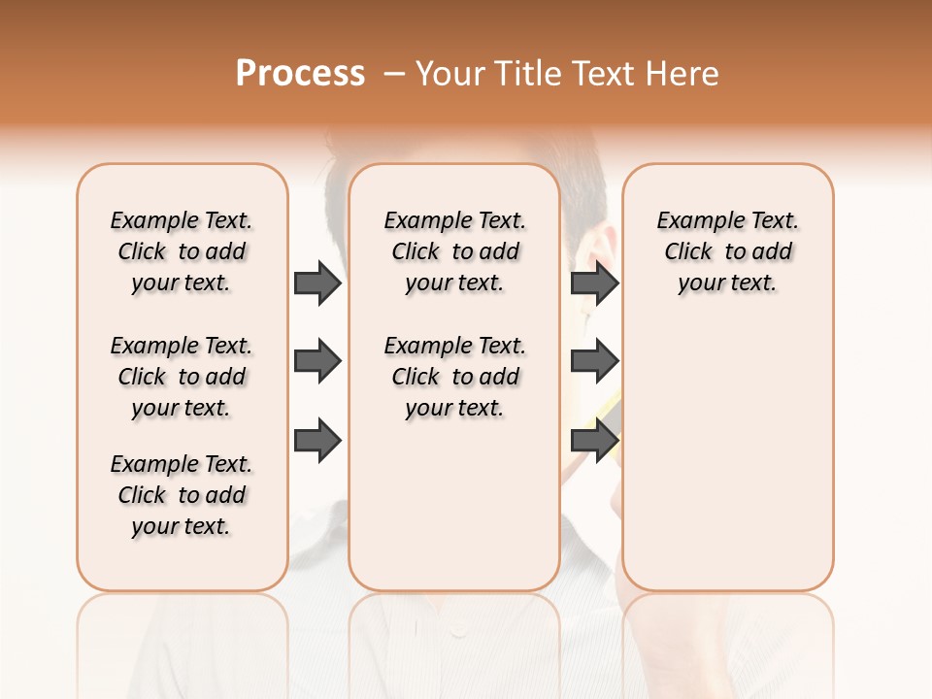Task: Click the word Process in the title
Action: click(300, 74)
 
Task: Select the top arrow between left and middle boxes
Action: click(317, 283)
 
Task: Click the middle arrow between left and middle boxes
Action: click(317, 361)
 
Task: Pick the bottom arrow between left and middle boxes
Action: click(317, 440)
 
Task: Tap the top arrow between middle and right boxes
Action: click(594, 283)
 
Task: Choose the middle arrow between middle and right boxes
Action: click(594, 361)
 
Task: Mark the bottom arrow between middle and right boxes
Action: click(594, 440)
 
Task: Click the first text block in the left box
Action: click(182, 251)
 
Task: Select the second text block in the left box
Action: click(182, 377)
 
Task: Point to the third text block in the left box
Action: click(182, 495)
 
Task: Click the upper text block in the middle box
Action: click(454, 251)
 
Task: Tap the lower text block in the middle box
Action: click(454, 377)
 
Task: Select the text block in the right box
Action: click(727, 251)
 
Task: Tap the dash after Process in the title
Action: click(393, 74)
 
